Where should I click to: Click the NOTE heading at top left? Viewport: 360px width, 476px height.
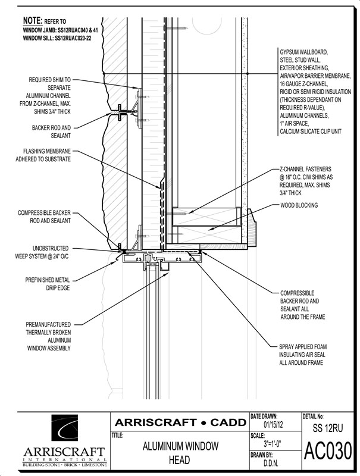33,21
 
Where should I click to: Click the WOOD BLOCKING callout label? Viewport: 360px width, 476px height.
299,205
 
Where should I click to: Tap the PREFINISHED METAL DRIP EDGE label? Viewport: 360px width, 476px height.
48,284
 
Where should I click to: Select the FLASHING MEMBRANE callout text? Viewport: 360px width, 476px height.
43,155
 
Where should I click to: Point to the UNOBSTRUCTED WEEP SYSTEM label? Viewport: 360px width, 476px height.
42,252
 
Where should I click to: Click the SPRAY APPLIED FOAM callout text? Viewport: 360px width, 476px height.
303,355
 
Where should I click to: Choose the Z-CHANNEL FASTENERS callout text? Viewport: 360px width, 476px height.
306,181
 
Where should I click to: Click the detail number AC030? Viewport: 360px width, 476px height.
328,451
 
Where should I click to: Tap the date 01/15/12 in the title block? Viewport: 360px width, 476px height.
272,424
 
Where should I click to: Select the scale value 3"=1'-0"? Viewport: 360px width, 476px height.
273,444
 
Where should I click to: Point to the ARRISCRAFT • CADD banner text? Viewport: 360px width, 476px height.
180,422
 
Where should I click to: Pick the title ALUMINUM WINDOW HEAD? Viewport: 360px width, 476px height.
180,453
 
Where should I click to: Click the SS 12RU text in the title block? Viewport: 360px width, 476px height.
327,428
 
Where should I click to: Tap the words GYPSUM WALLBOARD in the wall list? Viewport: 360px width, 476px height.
303,52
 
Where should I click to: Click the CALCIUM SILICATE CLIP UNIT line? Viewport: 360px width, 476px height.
311,131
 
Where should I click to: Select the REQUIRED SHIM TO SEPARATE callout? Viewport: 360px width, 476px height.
45,96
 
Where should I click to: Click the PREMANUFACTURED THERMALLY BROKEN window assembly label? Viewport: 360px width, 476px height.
49,336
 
